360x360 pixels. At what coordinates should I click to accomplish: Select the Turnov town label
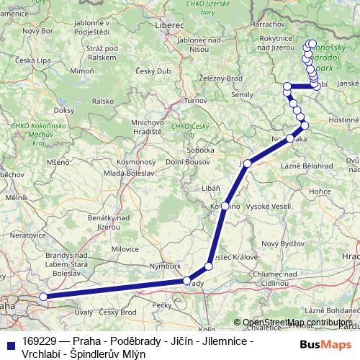click(195, 101)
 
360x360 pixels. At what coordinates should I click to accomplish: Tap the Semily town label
click(242, 94)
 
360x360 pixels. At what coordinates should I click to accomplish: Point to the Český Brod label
click(118, 312)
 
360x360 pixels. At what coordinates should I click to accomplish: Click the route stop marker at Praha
click(43, 297)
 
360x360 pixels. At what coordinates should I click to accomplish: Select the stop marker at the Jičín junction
click(248, 163)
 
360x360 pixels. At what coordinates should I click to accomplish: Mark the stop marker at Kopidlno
click(225, 206)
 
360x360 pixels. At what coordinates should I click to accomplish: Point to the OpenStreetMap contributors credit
click(298, 322)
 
